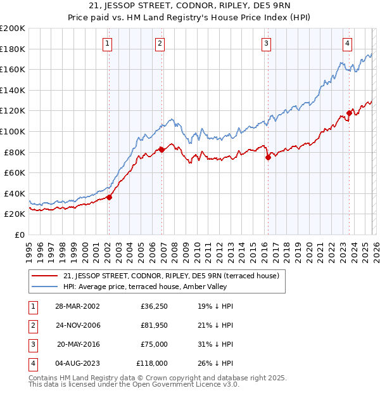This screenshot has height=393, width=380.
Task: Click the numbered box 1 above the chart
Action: click(x=108, y=44)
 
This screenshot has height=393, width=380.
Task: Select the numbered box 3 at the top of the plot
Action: click(x=267, y=44)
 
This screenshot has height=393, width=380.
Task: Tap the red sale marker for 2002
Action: click(x=109, y=197)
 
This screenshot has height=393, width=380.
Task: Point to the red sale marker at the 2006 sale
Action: click(x=161, y=150)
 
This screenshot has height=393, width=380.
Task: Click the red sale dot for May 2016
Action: click(x=268, y=157)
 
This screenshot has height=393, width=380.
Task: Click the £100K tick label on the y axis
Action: click(x=13, y=131)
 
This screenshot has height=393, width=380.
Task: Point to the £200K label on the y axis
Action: click(x=13, y=29)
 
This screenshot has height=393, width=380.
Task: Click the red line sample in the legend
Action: click(x=45, y=275)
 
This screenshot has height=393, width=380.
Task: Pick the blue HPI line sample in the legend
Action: click(x=45, y=287)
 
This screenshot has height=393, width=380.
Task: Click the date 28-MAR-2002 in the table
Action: click(x=77, y=306)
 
